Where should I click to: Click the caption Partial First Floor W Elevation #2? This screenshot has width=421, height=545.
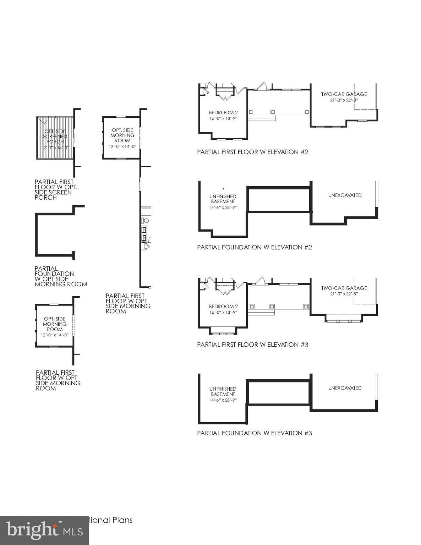(253, 152)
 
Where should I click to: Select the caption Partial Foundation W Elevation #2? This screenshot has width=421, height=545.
(255, 247)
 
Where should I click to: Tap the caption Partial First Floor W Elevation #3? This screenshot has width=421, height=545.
(253, 345)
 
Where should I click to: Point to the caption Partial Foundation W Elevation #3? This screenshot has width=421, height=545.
(255, 433)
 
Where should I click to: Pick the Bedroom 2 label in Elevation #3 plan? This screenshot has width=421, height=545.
(223, 307)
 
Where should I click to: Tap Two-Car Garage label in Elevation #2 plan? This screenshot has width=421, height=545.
(344, 94)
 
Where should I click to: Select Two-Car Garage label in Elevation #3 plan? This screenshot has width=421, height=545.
(344, 288)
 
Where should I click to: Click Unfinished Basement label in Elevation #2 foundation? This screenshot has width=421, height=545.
(223, 199)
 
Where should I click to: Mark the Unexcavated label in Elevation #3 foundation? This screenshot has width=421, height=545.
(345, 388)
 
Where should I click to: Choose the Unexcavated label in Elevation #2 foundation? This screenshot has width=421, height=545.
(345, 195)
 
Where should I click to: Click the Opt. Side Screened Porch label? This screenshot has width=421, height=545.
(55, 137)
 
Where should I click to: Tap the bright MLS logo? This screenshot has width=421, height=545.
(44, 530)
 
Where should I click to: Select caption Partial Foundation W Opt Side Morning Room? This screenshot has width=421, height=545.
(61, 276)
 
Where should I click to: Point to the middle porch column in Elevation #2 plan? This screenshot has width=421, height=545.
(273, 112)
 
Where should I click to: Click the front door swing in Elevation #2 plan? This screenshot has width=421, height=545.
(262, 86)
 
